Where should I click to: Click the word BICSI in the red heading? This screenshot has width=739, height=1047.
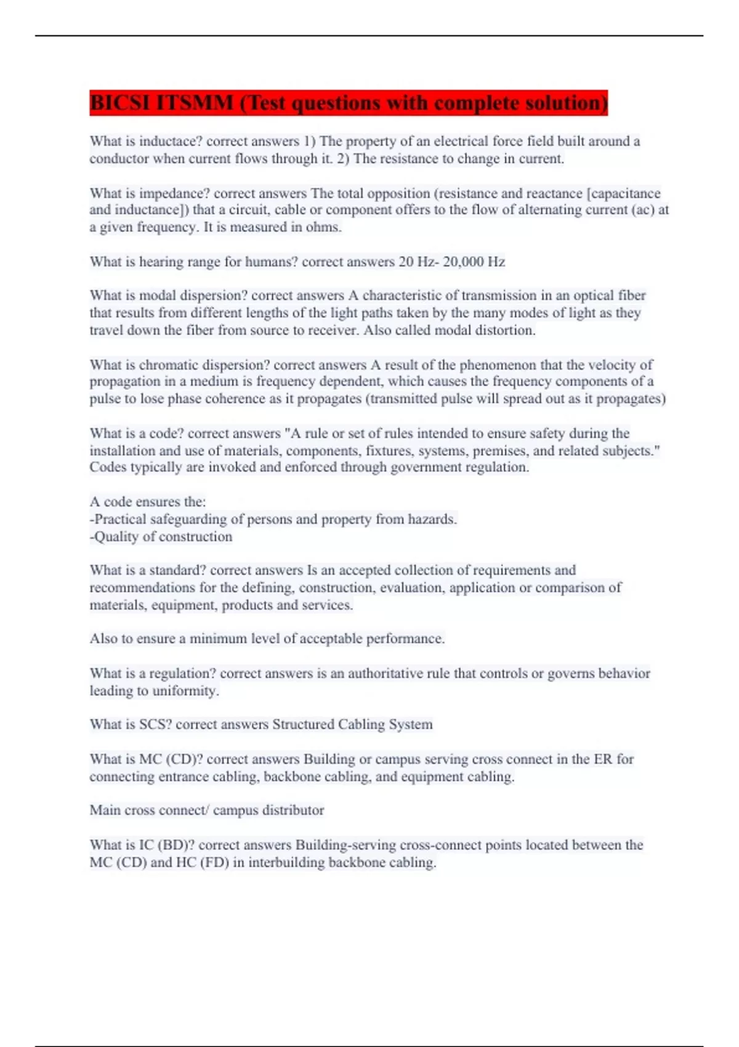click(x=120, y=103)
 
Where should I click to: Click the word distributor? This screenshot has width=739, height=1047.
click(x=293, y=811)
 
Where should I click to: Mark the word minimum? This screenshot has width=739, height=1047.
click(x=218, y=639)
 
